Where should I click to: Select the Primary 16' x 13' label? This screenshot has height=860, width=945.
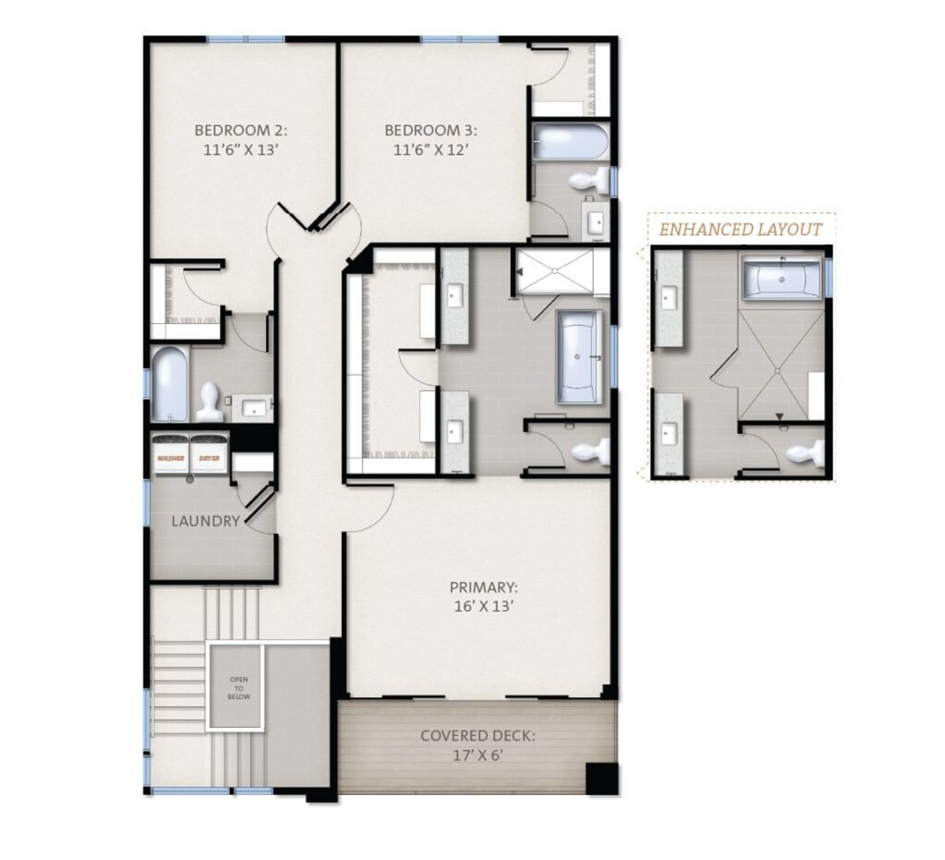(484, 597)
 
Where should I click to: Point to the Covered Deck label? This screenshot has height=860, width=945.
(478, 745)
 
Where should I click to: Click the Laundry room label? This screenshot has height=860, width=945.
(205, 521)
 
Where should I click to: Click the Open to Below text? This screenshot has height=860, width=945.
(238, 688)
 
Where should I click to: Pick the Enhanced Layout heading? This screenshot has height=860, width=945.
(740, 229)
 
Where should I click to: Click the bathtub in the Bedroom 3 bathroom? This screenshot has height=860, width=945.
(569, 142)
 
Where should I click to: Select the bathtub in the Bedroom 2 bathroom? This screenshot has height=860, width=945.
(171, 384)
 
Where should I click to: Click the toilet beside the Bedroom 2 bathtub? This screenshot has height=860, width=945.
(209, 401)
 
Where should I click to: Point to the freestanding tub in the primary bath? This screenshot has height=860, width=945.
(578, 357)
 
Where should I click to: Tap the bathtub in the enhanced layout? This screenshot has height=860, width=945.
(782, 279)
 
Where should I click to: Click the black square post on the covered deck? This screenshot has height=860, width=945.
(601, 780)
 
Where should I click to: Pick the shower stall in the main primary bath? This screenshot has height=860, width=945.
(555, 271)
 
